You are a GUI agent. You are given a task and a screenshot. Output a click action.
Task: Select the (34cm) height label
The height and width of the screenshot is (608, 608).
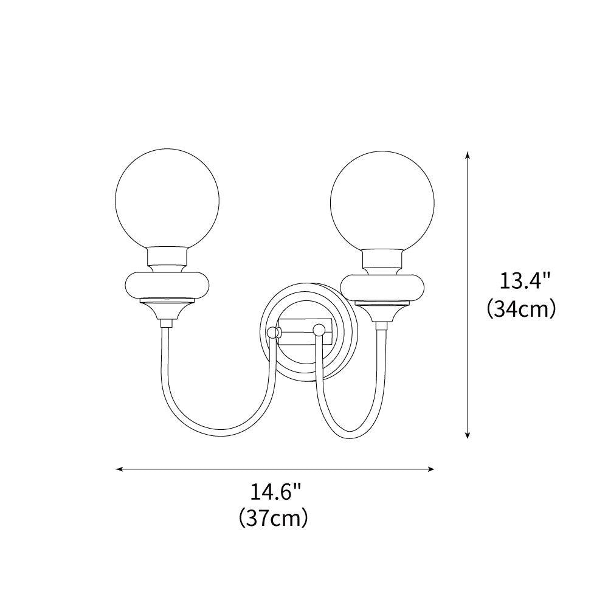coord(522,309)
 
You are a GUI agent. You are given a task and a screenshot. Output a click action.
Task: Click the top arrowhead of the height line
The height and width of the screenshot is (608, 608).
coord(467,154)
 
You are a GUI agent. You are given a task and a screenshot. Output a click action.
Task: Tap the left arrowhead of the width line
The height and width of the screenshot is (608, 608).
coord(119,469)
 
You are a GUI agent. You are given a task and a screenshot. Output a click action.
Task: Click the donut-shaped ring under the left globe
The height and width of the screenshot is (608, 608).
coord(167,285)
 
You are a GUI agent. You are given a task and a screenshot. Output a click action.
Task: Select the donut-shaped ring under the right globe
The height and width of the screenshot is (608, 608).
coord(382,285)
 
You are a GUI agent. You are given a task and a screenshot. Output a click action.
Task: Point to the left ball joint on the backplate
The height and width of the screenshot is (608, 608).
coord(274,333)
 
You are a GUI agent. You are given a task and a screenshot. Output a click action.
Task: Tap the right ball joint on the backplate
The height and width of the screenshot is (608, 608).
coord(317,330)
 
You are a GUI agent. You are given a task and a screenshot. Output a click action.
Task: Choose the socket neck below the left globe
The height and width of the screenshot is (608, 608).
coord(167,260)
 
